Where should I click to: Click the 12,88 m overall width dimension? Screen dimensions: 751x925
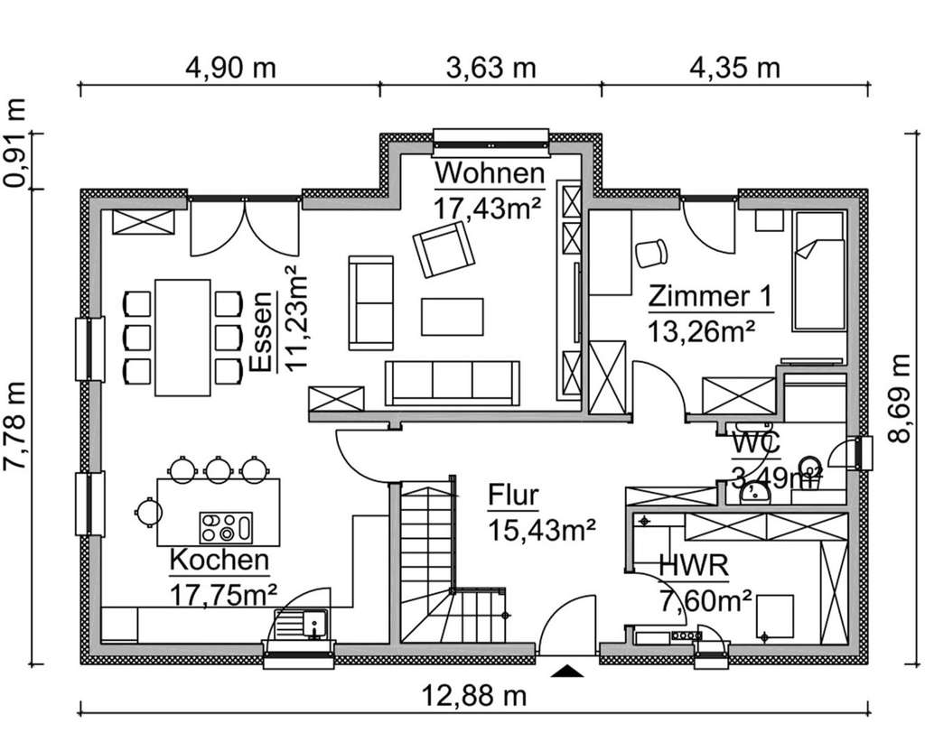474,695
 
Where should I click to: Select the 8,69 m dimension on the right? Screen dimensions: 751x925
897,398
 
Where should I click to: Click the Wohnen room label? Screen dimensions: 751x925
489,172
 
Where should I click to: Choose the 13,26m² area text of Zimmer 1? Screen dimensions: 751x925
700,330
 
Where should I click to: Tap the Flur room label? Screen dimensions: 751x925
513,496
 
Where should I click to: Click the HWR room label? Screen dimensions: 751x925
694,567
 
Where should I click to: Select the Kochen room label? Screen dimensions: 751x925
220,560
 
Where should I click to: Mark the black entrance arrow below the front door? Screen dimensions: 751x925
567,670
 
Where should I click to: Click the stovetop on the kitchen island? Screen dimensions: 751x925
226,524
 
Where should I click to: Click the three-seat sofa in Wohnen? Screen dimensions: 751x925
453,383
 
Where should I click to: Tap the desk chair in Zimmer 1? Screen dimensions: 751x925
649,253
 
